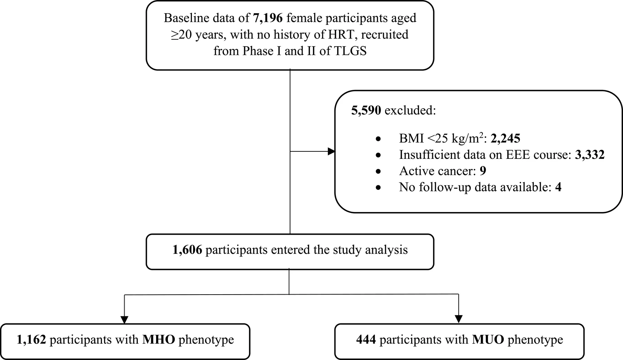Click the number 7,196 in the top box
[x=268, y=18]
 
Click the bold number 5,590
[x=366, y=111]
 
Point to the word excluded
[x=410, y=111]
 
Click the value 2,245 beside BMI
[x=505, y=139]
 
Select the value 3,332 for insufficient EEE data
[x=590, y=155]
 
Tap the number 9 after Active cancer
[x=483, y=171]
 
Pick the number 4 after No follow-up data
[x=558, y=187]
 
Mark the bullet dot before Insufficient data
[x=378, y=155]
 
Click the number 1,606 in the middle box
[x=187, y=250]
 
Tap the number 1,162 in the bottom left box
[x=32, y=340]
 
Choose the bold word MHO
[x=159, y=340]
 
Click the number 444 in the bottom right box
[x=366, y=340]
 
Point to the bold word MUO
[x=488, y=340]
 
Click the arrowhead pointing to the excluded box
[x=331, y=151]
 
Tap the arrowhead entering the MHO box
[x=124, y=320]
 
